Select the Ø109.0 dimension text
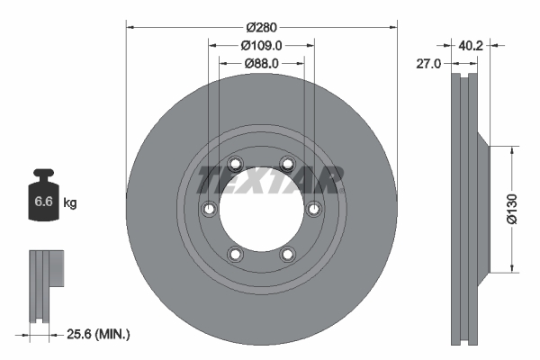tap(261, 45)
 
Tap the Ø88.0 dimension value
tap(261, 63)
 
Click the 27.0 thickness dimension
tap(430, 64)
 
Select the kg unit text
tap(70, 203)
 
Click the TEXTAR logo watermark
tap(270, 180)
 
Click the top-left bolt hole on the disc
tap(235, 164)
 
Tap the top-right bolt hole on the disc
tap(287, 164)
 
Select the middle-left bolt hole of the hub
tap(209, 209)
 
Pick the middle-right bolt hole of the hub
tap(313, 209)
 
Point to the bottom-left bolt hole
tap(235, 254)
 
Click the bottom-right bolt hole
tap(287, 254)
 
